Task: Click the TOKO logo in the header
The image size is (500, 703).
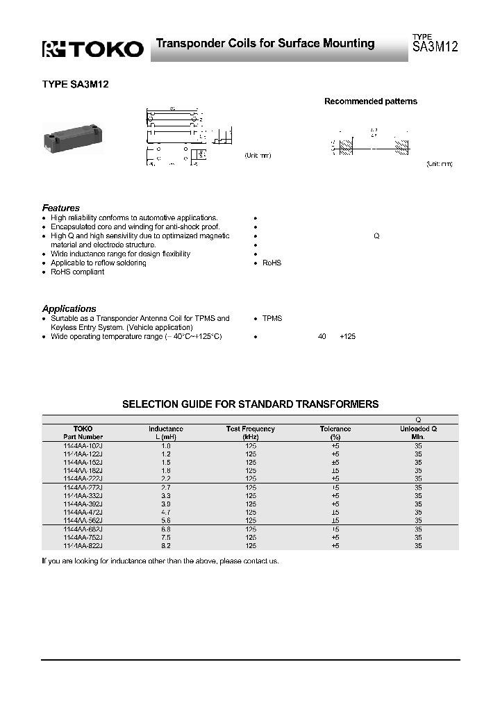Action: pos(93,48)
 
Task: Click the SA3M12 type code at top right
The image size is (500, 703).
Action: pos(435,48)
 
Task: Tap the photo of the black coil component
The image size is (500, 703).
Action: pos(72,132)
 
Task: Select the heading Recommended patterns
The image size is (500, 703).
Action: pos(371,101)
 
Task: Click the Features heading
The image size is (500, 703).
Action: pos(61,208)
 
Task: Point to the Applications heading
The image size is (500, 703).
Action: pos(69,308)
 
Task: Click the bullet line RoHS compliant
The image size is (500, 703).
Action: pos(77,272)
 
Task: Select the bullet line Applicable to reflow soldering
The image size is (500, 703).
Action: pos(98,263)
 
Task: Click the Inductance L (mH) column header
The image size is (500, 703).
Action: pos(165,433)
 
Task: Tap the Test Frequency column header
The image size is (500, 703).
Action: pos(251,433)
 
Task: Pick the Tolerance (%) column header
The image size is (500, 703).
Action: pos(335,433)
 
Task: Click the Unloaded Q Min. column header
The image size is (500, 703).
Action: pos(418,433)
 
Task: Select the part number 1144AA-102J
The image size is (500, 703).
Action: pos(83,445)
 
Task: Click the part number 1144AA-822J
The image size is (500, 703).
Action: pos(83,545)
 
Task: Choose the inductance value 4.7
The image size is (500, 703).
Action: pos(165,512)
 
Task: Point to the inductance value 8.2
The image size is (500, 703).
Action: pos(165,545)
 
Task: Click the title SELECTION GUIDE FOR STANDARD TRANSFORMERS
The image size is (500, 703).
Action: pos(251,404)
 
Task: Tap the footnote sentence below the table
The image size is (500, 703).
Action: pos(160,561)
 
